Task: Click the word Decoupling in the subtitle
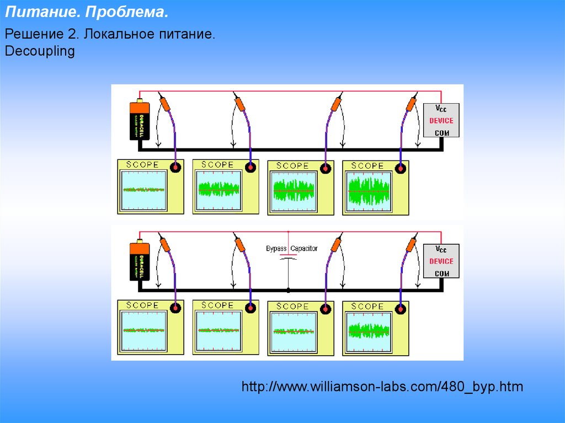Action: [x=39, y=51]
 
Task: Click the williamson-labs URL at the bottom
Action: [x=382, y=387]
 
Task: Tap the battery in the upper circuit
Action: [x=140, y=120]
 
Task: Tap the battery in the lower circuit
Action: [x=140, y=261]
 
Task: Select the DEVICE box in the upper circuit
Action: [x=441, y=121]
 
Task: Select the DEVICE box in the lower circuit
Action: [x=441, y=261]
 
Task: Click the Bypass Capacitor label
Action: [x=292, y=249]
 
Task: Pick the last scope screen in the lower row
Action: [x=369, y=330]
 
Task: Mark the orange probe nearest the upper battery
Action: [x=166, y=103]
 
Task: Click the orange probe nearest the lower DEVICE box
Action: [x=411, y=244]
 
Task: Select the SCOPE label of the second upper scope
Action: [x=217, y=165]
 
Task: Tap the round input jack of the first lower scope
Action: [x=176, y=308]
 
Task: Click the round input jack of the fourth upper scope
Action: [x=401, y=168]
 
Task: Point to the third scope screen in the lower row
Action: [x=294, y=331]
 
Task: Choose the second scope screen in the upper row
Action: [x=219, y=190]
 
